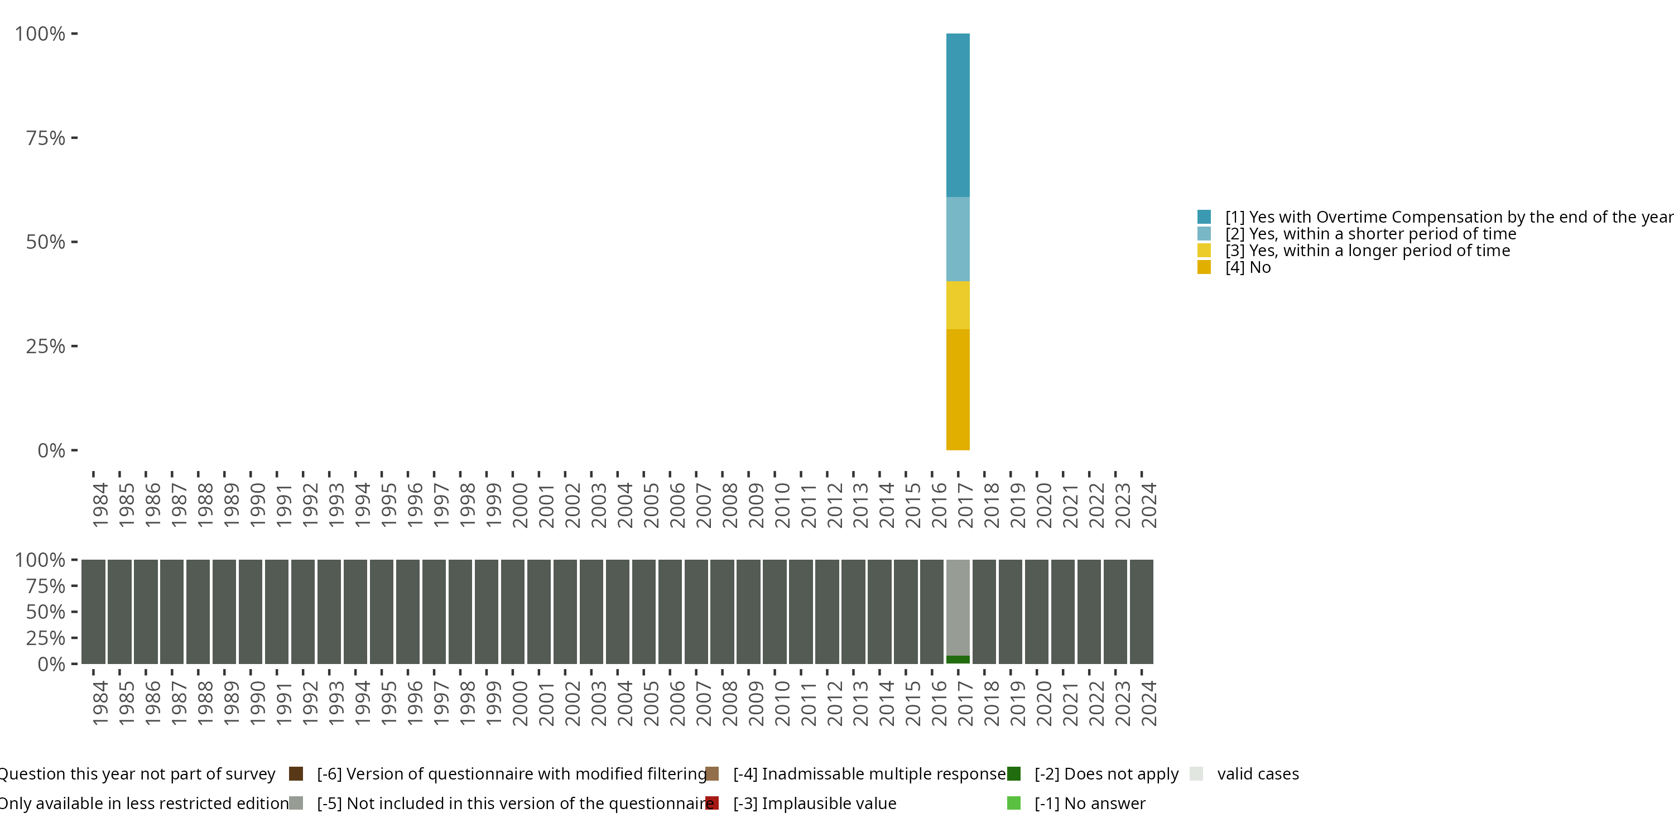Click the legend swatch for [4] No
point(1204,267)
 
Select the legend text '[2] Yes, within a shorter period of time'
point(1370,234)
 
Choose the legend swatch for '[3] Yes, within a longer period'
point(1204,250)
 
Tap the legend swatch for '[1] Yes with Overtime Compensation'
point(1204,217)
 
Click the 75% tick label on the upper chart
point(46,138)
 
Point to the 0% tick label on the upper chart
point(51,450)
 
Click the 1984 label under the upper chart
point(100,505)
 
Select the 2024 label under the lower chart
point(1148,703)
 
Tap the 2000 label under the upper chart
point(520,505)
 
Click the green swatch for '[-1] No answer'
point(1013,803)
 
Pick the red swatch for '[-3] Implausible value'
point(711,803)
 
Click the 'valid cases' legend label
point(1257,774)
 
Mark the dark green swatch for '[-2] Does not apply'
point(1013,774)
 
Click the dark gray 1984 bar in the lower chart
point(93,612)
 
